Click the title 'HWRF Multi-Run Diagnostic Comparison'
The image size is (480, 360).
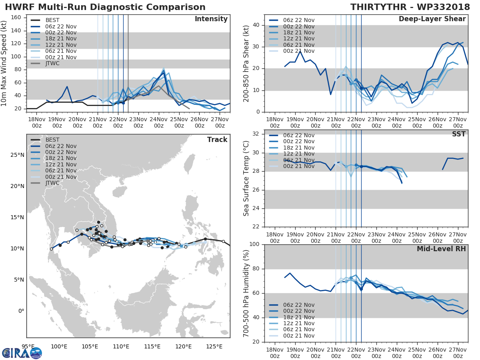click(105, 7)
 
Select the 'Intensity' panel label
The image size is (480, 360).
click(211, 19)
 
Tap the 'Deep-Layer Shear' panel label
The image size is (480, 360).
click(432, 19)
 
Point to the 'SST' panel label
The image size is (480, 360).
click(459, 134)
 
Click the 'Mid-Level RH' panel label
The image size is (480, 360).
click(441, 249)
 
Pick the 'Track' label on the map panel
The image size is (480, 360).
click(217, 140)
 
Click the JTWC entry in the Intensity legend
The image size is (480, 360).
click(53, 63)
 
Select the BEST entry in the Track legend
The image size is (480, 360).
click(53, 140)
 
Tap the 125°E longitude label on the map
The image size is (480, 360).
click(214, 346)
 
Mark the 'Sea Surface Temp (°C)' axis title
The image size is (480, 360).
click(246, 178)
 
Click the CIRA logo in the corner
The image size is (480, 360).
click(22, 353)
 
